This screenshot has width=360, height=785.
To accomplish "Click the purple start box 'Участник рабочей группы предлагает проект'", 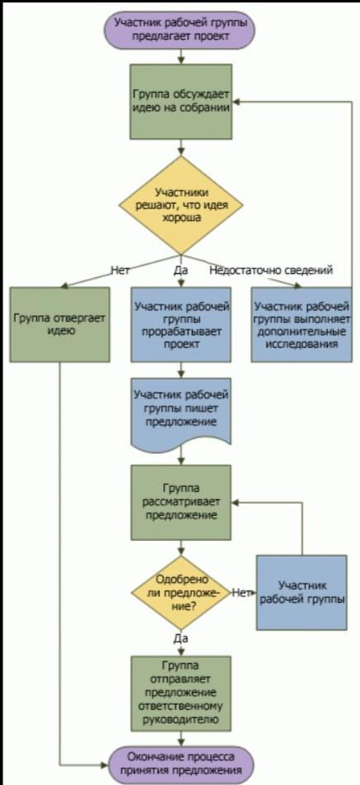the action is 180,30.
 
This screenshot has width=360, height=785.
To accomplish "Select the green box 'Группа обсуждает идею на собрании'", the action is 181,102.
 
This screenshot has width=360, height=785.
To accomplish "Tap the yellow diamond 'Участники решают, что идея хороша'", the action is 180,205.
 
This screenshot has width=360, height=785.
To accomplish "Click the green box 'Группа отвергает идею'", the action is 60,325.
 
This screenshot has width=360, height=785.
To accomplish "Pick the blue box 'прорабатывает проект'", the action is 181,325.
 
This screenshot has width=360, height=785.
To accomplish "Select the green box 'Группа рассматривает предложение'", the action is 181,503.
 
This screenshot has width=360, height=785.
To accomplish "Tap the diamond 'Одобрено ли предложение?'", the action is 181,593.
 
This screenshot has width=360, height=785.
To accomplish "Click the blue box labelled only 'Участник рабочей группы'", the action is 302,593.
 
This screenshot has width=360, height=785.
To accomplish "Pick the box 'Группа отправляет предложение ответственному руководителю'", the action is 181,693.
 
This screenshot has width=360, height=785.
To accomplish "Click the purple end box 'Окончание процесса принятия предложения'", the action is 181,765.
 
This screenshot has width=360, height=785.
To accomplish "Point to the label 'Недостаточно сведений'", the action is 271,271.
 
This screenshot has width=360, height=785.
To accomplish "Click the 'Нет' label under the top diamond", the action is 120,271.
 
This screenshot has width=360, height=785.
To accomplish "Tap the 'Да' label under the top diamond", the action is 180,271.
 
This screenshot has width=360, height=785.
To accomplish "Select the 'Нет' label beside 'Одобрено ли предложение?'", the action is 241,593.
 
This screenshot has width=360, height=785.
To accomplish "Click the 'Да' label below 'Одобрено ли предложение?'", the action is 180,638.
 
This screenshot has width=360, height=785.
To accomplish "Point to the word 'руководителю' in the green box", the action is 181,720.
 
